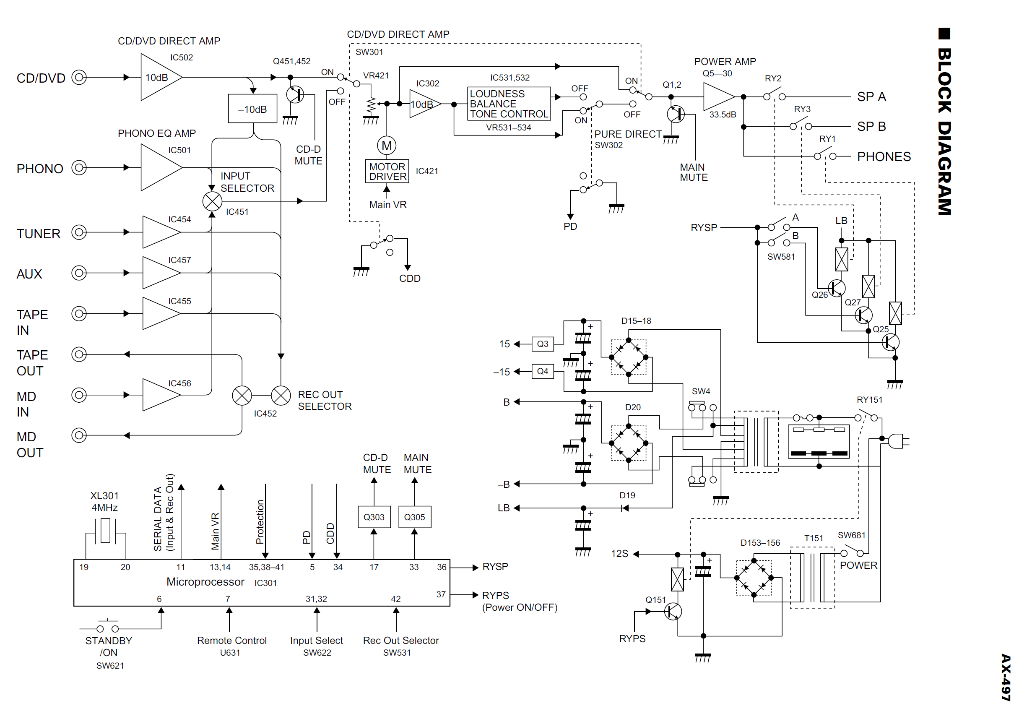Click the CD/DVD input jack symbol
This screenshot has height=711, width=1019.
coord(79,77)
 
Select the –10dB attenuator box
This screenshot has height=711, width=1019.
coord(252,109)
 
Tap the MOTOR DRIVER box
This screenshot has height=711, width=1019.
coord(387,171)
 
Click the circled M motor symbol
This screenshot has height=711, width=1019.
coord(387,145)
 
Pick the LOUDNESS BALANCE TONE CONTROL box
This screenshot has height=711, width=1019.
coord(509,104)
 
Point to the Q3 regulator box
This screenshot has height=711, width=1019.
coord(542,344)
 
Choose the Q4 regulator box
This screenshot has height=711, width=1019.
coord(542,372)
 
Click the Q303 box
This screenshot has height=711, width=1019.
coord(374,517)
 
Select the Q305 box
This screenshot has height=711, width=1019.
coord(415,517)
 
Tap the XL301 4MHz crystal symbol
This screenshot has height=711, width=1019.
coord(105,531)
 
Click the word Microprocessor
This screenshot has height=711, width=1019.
coord(205,582)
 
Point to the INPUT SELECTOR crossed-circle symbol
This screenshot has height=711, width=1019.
coord(212,201)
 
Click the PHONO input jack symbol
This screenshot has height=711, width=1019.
coord(79,168)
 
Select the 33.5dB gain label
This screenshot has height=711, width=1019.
coord(723,115)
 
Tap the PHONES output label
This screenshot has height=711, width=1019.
coord(884,156)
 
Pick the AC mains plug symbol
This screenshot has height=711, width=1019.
coord(897,441)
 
